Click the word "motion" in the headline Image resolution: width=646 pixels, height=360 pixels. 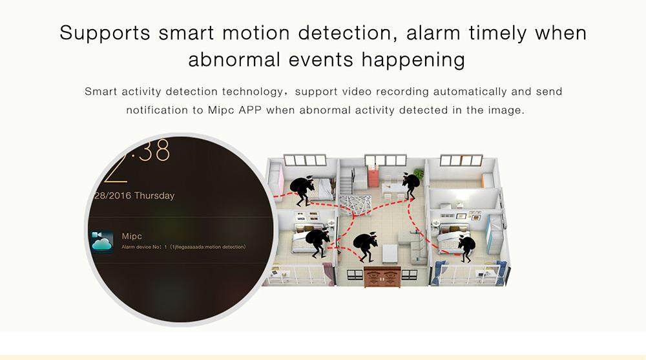256,33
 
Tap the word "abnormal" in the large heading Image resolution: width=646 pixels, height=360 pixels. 234,59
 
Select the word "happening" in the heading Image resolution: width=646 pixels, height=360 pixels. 413,61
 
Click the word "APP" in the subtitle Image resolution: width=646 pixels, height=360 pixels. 249,110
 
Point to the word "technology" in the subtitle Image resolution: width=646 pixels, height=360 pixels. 253,92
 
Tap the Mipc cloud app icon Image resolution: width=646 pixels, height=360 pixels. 102,242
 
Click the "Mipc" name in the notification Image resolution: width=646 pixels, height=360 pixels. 132,237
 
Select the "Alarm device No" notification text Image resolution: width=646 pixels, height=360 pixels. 183,247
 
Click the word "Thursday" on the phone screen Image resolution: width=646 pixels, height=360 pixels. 154,195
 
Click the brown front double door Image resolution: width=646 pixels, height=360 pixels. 382,277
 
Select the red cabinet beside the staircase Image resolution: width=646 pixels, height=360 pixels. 372,175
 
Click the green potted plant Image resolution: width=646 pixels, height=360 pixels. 419,173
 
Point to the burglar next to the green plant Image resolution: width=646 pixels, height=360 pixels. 411,186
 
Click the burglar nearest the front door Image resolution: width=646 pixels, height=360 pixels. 366,247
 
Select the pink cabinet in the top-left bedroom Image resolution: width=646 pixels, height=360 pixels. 280,180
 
